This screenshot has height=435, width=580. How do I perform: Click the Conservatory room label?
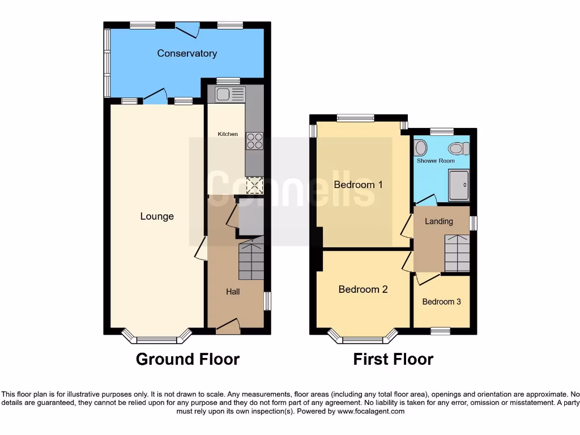pos(187,53)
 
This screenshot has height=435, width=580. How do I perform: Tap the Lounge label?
pos(157,216)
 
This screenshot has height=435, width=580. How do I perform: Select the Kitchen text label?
pos(228,134)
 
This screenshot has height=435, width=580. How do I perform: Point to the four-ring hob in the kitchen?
pos(254,140)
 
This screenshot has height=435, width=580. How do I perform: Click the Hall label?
pos(233,292)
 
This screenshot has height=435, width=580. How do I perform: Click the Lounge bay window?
pos(157,339)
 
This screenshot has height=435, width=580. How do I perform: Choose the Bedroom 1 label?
pos(358,185)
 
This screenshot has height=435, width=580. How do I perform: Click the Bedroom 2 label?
pos(363,289)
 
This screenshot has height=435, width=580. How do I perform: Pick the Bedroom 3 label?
pos(441,302)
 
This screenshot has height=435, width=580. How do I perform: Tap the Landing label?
pos(439,221)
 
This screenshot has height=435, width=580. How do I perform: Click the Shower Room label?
pos(436,161)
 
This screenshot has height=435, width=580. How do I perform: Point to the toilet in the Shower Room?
pos(458,148)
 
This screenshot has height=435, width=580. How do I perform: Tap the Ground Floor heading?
pos(187,359)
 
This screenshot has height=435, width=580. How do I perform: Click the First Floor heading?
pos(393,359)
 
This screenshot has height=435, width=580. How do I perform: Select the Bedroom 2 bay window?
pos(363,339)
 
